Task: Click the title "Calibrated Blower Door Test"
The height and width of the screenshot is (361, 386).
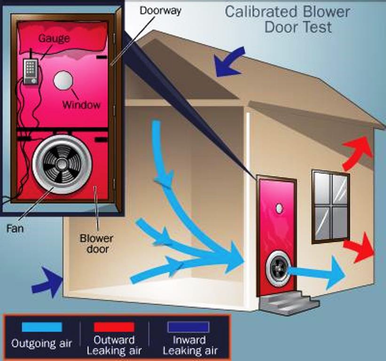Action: pos(287,19)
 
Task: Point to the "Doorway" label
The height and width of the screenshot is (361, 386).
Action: pos(160,10)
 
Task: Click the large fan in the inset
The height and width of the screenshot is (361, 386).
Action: pos(62,164)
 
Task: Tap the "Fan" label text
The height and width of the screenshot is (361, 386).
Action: pos(15,229)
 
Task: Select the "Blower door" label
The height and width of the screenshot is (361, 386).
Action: pos(96,243)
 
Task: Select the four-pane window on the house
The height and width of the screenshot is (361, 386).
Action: pos(331,206)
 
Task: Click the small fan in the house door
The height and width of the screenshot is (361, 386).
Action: pos(278,269)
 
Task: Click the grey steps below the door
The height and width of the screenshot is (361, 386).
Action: pos(289,302)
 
